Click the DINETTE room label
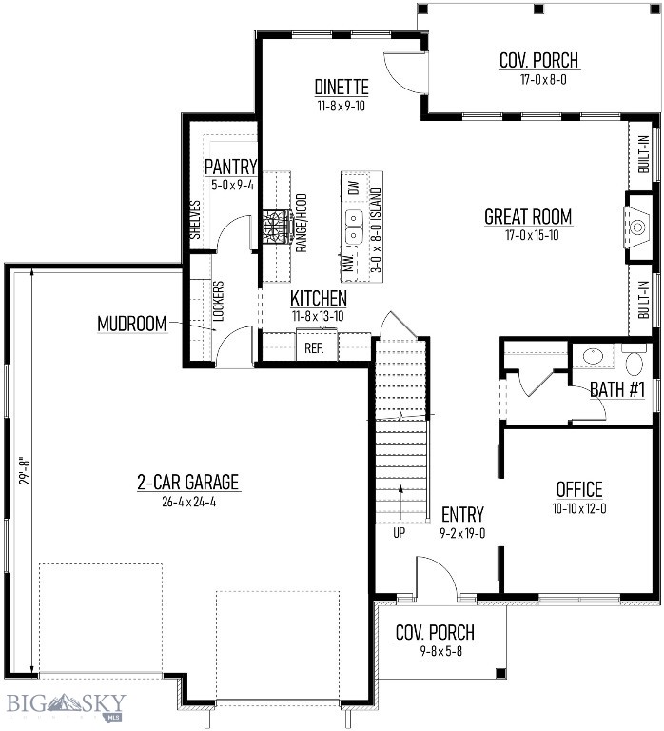pos(342,88)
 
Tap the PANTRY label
pos(230,168)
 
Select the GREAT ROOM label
pos(528,217)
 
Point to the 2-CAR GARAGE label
pos(187,483)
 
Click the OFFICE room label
pos(579,489)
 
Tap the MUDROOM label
pos(131,324)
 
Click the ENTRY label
pos(462,514)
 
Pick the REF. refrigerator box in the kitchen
pos(314,347)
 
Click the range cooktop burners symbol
pos(277,227)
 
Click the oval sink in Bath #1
pos(593,356)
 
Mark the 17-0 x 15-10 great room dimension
pos(527,234)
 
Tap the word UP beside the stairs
pos(399,533)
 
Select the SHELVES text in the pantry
pos(196,221)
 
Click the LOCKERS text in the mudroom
pos(218,302)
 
